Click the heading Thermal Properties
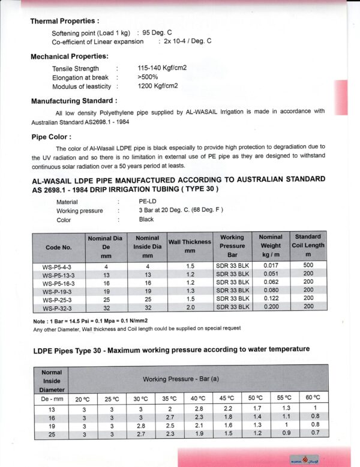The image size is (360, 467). click(65, 21)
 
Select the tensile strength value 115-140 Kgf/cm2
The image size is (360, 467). click(162, 68)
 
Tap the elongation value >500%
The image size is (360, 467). click(148, 77)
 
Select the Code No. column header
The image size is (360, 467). click(58, 247)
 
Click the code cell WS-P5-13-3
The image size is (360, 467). click(58, 274)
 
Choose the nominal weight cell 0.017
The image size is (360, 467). click(270, 266)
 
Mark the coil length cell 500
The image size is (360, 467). click(308, 266)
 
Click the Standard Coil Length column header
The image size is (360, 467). click(308, 246)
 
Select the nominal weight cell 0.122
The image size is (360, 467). click(270, 299)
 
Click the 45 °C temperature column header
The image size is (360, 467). click(227, 398)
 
